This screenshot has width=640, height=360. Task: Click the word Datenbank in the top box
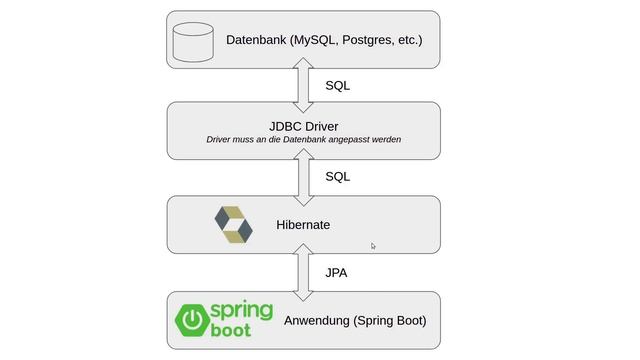(255, 40)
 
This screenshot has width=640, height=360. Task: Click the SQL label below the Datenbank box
(337, 86)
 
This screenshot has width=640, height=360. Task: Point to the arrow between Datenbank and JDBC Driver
(303, 85)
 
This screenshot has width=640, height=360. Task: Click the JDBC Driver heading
(303, 126)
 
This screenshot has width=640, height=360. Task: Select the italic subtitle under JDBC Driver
(303, 140)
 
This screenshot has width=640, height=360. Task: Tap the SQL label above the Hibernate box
(337, 176)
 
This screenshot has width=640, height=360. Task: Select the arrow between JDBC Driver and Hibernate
(303, 177)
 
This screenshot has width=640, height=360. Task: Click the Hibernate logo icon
(234, 225)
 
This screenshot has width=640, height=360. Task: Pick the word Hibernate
(303, 225)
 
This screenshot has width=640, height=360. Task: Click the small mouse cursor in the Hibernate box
(373, 245)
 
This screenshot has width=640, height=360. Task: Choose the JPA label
(336, 271)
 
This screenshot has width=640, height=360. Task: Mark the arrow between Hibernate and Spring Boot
(303, 271)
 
